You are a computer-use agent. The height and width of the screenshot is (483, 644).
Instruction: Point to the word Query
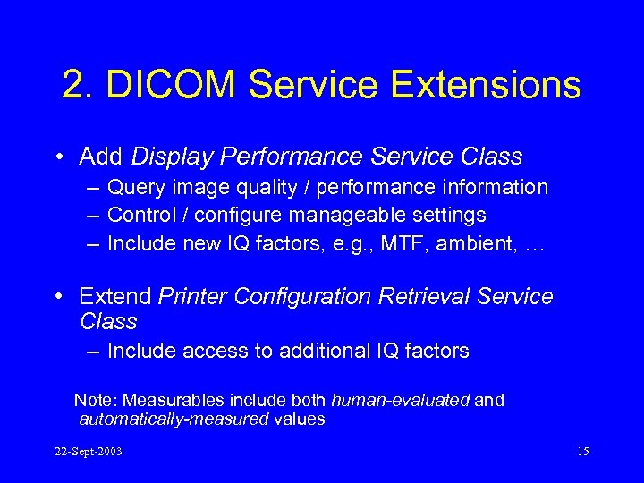[x=133, y=188]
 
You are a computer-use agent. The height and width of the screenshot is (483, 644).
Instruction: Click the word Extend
[x=114, y=296]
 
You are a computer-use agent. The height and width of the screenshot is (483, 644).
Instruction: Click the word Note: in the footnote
[x=96, y=401]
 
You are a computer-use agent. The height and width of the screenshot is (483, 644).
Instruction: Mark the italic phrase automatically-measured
[x=174, y=419]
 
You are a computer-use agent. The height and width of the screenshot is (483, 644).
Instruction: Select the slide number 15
[x=582, y=452]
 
